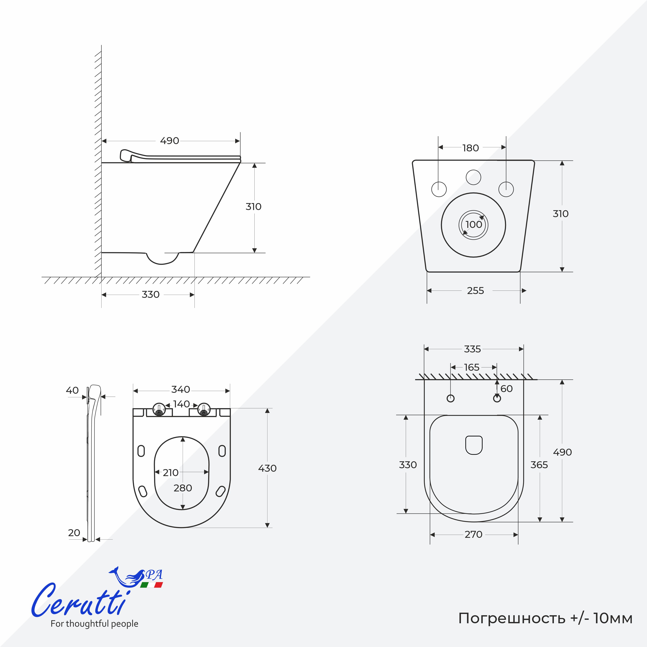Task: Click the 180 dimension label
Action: click(x=471, y=148)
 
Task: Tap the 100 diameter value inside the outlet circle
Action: click(x=474, y=224)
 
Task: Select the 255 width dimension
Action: click(x=476, y=291)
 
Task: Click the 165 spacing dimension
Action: click(x=472, y=367)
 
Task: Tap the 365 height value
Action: click(x=539, y=465)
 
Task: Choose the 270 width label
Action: click(x=474, y=535)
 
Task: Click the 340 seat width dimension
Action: click(x=181, y=390)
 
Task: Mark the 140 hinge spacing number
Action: click(x=182, y=404)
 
